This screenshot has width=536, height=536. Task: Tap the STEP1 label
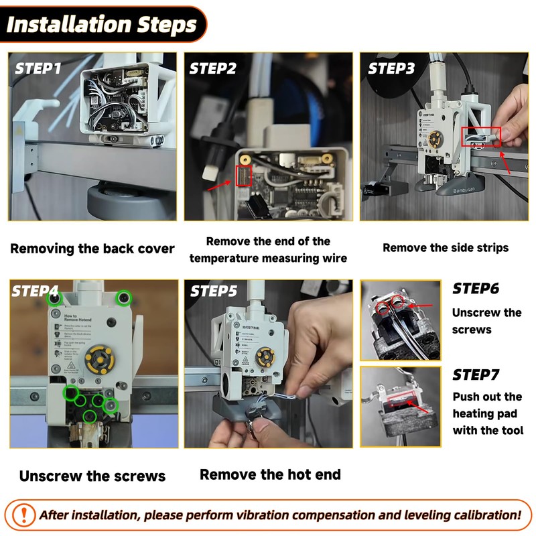[38, 68]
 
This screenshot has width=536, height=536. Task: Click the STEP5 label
[213, 291]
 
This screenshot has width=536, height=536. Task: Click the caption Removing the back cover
[92, 249]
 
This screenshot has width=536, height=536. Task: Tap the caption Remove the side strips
[446, 248]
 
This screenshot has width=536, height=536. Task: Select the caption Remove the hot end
[270, 475]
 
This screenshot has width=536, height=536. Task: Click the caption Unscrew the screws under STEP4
[92, 476]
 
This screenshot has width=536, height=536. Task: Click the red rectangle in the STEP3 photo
[482, 137]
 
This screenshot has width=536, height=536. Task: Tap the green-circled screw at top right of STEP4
[124, 297]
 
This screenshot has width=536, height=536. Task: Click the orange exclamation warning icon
[25, 515]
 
